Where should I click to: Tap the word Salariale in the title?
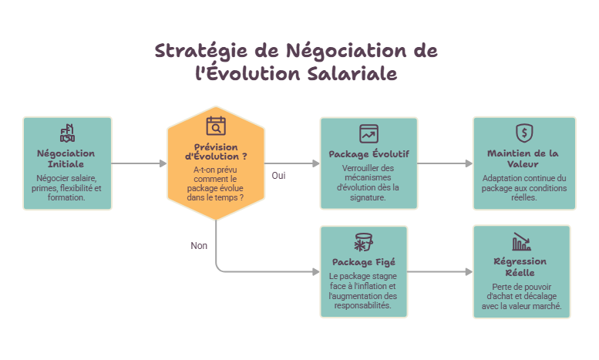click(352, 73)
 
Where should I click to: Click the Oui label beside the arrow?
click(278, 176)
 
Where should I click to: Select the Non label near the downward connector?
click(199, 246)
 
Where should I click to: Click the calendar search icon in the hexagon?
click(216, 126)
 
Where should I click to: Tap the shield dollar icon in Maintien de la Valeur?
click(524, 133)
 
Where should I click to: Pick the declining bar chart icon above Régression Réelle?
click(521, 241)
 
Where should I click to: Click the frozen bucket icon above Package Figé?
click(363, 242)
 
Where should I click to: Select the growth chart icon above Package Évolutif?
click(368, 134)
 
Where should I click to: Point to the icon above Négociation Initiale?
click(67, 133)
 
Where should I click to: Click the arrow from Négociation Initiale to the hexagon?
click(139, 163)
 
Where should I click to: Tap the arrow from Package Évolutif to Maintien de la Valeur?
click(445, 163)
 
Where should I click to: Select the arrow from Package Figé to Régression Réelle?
click(440, 271)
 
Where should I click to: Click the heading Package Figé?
click(364, 262)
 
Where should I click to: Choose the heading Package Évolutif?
click(368, 154)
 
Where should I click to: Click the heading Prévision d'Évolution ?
click(216, 152)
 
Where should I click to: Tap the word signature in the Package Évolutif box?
click(367, 197)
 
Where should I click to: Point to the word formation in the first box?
click(66, 197)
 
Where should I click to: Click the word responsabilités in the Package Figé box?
click(362, 305)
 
